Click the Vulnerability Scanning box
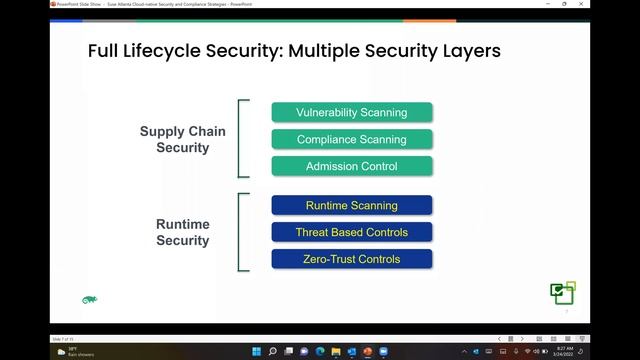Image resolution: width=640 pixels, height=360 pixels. (352, 112)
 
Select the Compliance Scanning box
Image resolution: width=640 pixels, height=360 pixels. (352, 139)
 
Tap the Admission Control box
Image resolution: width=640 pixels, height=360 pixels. (352, 166)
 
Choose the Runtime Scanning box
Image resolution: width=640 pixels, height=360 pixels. (352, 205)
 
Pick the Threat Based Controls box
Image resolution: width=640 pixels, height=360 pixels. (352, 232)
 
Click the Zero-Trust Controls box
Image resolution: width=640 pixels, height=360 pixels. (352, 259)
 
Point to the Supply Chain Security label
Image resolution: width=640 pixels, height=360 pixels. (182, 140)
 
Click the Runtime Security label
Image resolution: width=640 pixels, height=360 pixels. (182, 232)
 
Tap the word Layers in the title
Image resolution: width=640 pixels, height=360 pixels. (467, 51)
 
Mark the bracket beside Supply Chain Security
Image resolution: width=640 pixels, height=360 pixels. (241, 139)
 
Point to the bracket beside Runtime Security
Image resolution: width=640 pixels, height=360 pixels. (241, 232)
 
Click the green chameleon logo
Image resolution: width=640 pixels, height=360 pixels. (89, 299)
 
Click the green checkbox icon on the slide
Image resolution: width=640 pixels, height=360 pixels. (563, 292)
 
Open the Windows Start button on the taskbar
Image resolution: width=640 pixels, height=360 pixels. (256, 351)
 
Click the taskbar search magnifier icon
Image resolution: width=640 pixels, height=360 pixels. (273, 351)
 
